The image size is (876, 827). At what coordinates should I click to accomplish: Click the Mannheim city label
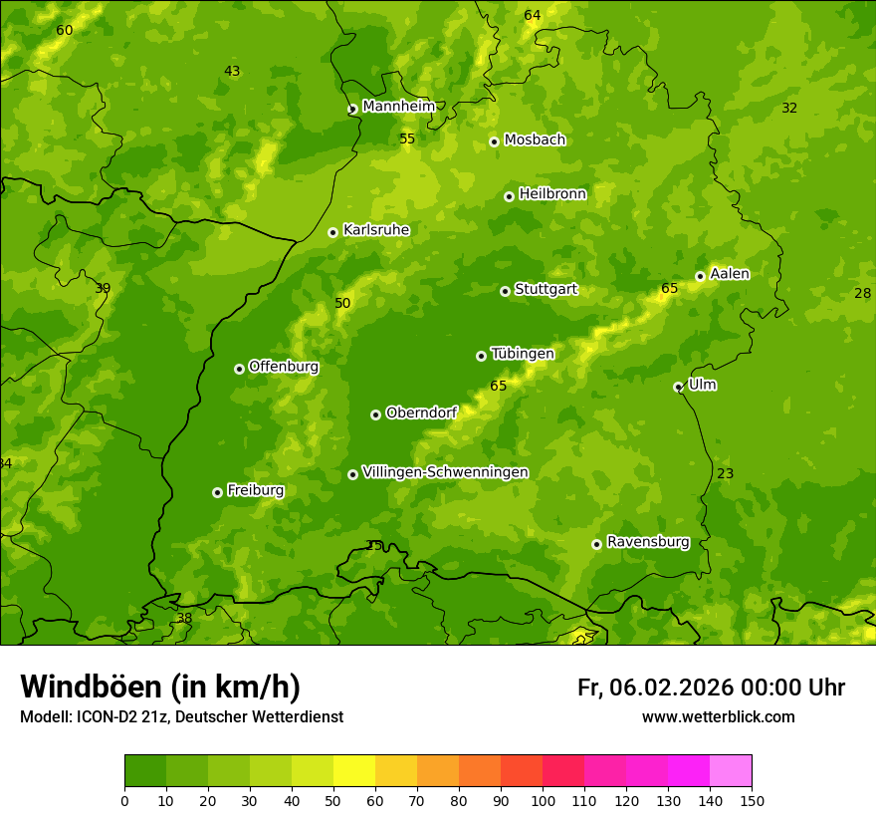point(398,106)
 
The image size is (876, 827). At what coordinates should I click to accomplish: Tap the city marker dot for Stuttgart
point(505,291)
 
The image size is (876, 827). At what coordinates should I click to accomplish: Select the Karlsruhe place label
point(375,230)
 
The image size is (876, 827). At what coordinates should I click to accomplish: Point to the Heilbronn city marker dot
point(509,196)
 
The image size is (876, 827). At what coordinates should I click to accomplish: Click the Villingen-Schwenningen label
point(445,472)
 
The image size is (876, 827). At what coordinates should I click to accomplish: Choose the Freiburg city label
point(255,490)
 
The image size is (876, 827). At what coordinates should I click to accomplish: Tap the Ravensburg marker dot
point(596,544)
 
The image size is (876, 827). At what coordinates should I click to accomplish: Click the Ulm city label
point(702,385)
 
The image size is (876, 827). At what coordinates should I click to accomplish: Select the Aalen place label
point(730,274)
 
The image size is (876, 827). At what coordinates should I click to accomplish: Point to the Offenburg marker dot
point(239,369)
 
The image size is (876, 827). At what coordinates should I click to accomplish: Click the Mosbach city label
point(535,139)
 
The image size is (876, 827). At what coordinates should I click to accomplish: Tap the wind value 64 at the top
point(533,15)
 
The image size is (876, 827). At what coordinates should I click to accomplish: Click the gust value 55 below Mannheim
point(407,138)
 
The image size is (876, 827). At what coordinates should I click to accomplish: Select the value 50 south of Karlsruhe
point(342,303)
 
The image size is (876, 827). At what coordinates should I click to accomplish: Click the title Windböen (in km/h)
point(160,687)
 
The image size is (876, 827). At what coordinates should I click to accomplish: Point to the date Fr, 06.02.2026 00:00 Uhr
point(711,688)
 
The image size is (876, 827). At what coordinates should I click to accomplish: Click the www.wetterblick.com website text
point(718,717)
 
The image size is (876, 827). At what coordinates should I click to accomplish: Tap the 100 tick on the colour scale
point(543,801)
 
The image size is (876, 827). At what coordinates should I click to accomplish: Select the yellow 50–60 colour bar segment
point(354,771)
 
